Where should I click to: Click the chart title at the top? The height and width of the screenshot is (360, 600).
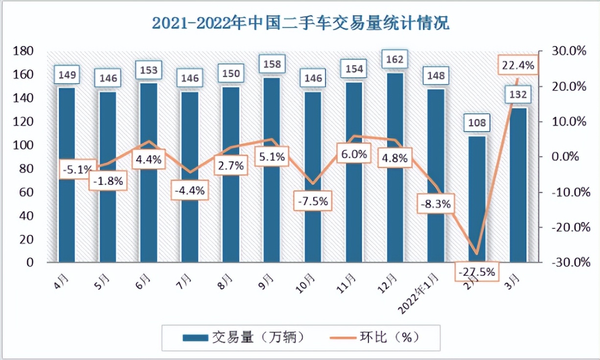tap(300, 23)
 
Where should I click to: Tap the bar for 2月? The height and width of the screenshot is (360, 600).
tap(477, 196)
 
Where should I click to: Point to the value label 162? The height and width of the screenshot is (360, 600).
tap(395, 60)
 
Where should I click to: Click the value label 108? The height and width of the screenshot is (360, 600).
tap(477, 123)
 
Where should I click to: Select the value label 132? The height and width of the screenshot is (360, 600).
tap(518, 95)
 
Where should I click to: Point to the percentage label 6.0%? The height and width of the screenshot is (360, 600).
tap(354, 154)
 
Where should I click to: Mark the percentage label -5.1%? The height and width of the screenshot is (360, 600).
tap(76, 170)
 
